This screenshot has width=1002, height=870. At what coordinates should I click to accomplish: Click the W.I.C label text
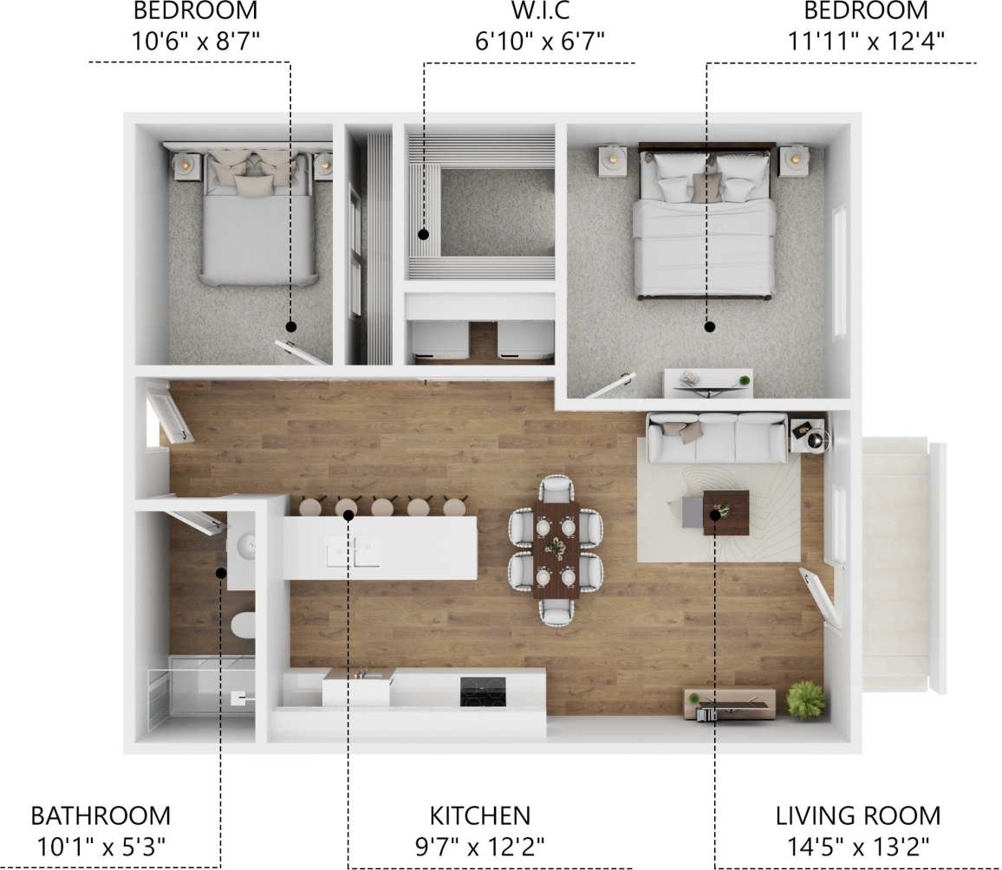529,11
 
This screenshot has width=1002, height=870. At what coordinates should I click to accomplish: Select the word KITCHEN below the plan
479,815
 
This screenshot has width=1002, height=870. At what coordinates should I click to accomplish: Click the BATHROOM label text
101,815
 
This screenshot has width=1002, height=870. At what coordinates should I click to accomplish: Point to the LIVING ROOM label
857,815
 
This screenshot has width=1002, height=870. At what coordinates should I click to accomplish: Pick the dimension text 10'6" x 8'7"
195,39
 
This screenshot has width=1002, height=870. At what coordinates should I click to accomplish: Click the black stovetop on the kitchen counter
482,691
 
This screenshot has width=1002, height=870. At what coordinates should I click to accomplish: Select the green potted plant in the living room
806,698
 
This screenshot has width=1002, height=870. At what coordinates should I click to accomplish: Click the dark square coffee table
726,511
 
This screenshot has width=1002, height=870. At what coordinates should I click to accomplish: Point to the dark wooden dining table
556,549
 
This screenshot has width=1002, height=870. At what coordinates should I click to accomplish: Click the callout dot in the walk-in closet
424,234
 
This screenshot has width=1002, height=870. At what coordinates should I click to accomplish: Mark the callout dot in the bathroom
221,573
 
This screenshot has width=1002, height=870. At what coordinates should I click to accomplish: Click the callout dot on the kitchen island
348,516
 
